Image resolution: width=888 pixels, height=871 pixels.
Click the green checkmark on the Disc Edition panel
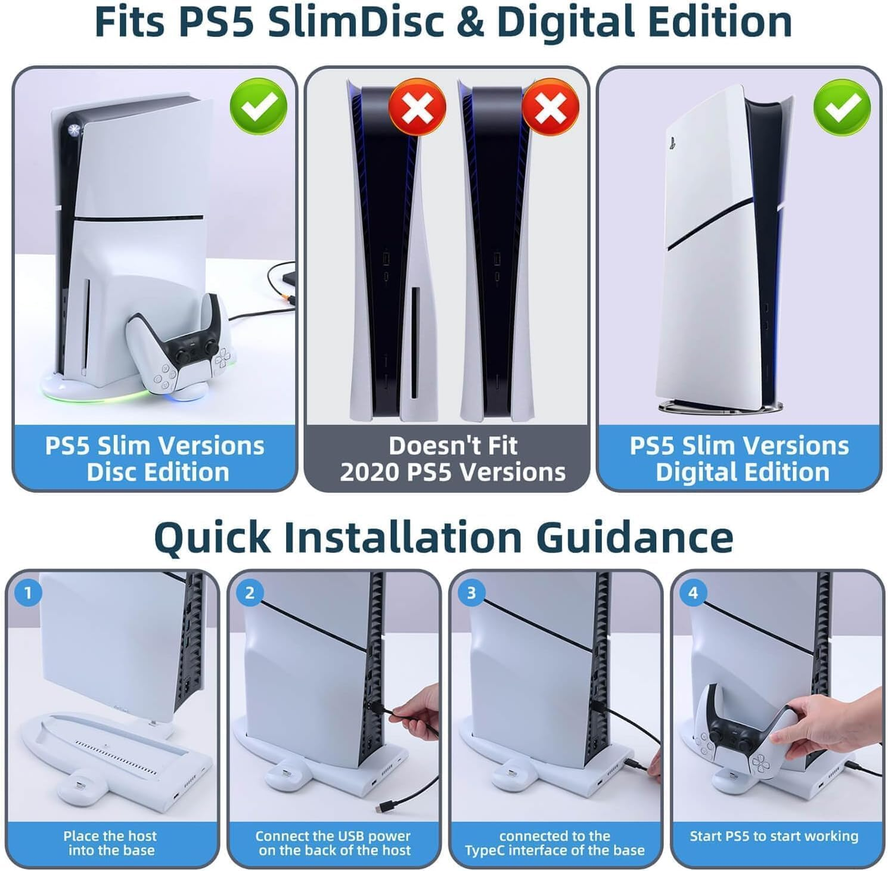click(x=259, y=105)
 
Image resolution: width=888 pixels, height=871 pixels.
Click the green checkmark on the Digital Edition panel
click(x=842, y=105)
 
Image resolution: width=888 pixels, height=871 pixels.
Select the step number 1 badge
click(x=27, y=593)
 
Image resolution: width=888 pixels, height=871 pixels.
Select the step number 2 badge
click(x=250, y=593)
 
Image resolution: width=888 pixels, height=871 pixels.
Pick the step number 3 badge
click(x=471, y=593)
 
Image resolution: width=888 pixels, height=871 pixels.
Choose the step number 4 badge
click(x=693, y=593)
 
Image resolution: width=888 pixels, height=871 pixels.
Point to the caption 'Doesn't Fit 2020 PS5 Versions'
click(x=452, y=459)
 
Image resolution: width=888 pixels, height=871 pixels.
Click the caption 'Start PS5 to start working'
click(x=774, y=836)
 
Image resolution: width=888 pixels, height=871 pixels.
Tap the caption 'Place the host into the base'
click(x=111, y=843)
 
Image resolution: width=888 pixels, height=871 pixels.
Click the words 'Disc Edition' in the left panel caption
click(x=157, y=472)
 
